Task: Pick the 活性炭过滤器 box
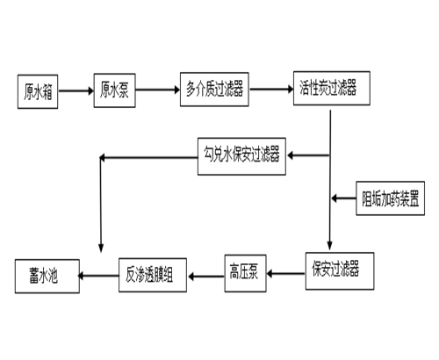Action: point(325,90)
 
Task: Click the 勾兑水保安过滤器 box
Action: point(241,157)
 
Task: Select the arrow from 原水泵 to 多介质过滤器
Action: point(158,90)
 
